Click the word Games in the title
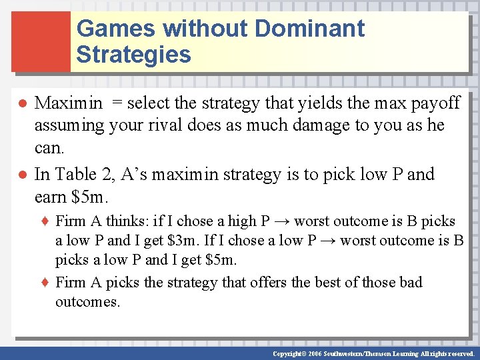point(115,29)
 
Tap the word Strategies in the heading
point(133,55)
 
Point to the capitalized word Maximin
point(68,103)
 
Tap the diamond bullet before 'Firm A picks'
point(46,282)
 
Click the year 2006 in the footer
point(314,354)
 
